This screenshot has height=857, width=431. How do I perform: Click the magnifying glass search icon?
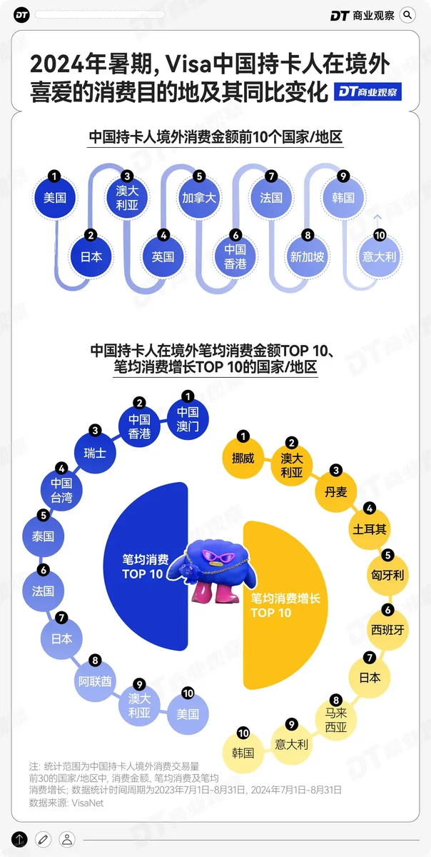(408, 14)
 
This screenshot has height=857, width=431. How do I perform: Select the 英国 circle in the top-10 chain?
(163, 256)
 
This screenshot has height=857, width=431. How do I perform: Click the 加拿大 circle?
(199, 198)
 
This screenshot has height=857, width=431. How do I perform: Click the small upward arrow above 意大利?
(379, 219)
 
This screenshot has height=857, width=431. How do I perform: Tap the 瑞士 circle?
(95, 453)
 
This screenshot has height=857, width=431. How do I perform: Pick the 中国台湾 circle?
(61, 491)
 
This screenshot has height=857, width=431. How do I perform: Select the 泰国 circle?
(44, 536)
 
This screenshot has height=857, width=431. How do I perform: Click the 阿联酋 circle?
(95, 681)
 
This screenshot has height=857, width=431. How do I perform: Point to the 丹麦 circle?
(335, 491)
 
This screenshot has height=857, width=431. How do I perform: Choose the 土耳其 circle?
(370, 529)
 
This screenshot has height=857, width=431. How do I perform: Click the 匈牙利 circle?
(389, 575)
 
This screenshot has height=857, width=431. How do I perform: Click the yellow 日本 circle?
(370, 678)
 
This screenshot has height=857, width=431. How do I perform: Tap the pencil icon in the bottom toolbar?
(44, 839)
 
